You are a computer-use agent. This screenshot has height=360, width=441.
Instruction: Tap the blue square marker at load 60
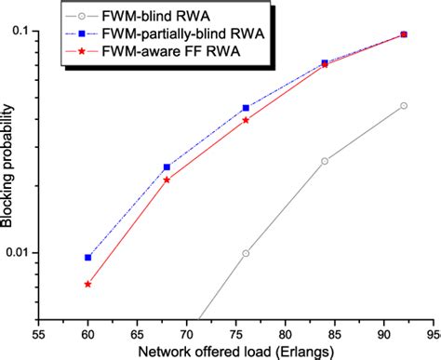pos(87,258)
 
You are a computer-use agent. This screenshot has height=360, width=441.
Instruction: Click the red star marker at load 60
pos(87,284)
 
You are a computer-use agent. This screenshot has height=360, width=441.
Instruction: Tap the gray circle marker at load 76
pos(246,253)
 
